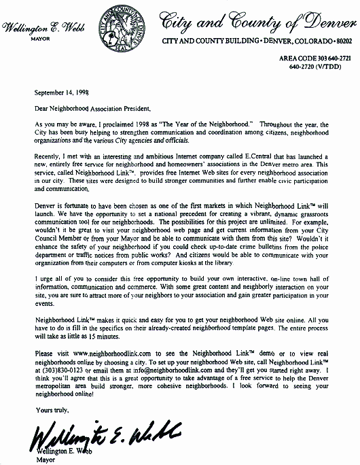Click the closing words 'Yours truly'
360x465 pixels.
click(49, 409)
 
